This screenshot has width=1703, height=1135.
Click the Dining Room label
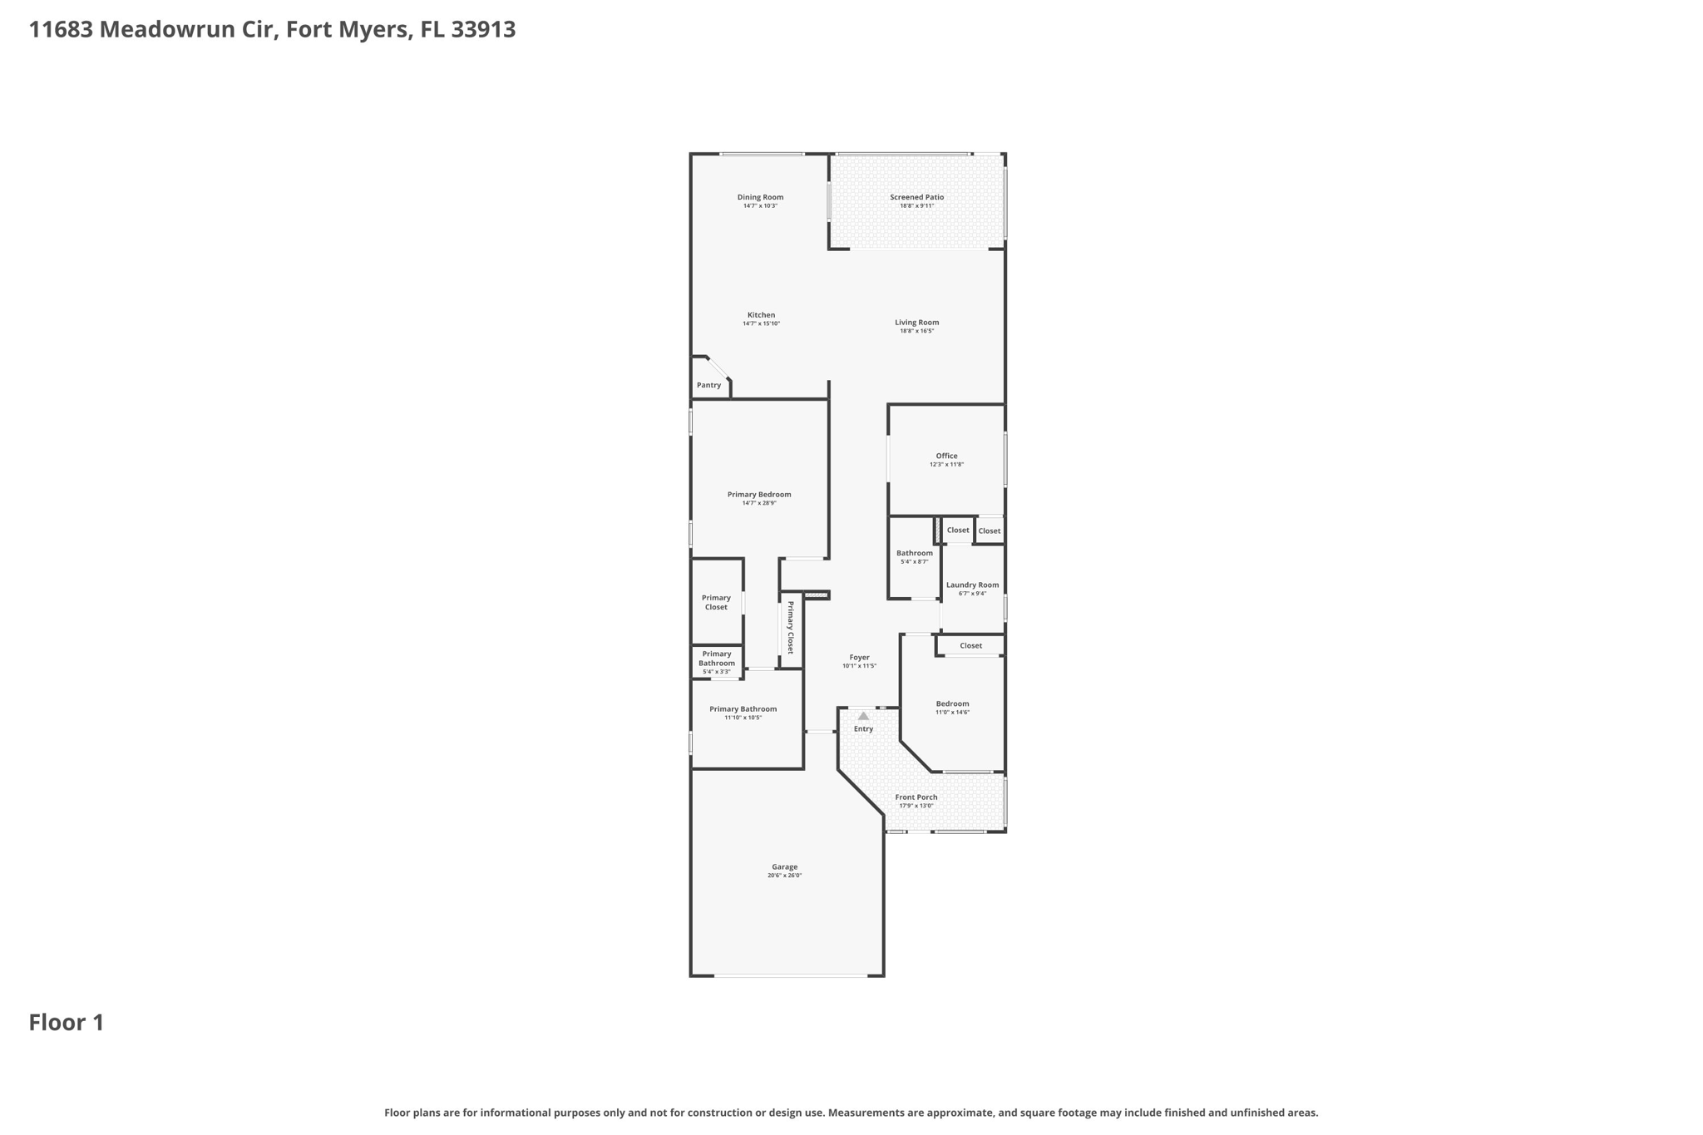[x=760, y=197]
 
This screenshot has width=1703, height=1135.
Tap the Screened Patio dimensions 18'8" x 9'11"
[x=916, y=206]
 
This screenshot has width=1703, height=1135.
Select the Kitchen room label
[x=761, y=315]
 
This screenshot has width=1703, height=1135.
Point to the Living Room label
[x=916, y=323]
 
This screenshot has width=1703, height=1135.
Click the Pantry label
[x=708, y=385]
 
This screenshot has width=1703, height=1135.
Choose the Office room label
[x=946, y=456]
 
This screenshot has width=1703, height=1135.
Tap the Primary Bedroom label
[x=759, y=495]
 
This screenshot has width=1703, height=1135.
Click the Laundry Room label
[x=972, y=585]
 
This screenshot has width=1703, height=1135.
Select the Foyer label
[x=859, y=658]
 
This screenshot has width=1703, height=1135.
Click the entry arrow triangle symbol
[x=863, y=716]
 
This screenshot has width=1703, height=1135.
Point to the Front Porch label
[x=916, y=797]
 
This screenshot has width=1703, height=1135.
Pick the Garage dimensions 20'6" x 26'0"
[x=784, y=876]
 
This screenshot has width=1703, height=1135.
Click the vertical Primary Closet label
[x=791, y=628]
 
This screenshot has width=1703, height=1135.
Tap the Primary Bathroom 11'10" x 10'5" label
[x=743, y=709]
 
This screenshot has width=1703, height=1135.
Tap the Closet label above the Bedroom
[x=970, y=646]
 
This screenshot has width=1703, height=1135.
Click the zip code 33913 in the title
[x=483, y=30]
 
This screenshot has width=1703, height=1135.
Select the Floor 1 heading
[x=67, y=1023]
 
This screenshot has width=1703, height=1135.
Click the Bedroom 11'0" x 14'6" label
[x=952, y=704]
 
